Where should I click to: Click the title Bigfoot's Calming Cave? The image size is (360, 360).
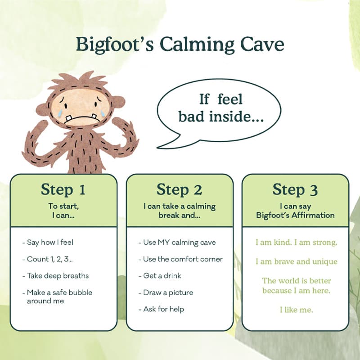coord(180,45)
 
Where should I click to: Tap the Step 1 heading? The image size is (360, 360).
coord(63,189)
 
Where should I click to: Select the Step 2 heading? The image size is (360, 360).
coord(179,189)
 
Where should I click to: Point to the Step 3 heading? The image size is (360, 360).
coord(295,189)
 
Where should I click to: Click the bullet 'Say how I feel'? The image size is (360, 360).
coord(48,243)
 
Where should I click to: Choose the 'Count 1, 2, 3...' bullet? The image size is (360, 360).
coord(48,259)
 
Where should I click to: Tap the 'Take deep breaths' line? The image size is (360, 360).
coord(55,276)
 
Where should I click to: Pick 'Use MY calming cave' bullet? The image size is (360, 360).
coord(177,243)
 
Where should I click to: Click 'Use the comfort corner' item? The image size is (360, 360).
coord(180,259)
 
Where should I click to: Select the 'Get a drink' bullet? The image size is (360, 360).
coord(160,276)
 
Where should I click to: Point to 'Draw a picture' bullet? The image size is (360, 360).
coord(166,292)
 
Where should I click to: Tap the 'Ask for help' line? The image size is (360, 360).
coord(161,309)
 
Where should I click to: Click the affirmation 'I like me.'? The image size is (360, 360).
coord(296,310)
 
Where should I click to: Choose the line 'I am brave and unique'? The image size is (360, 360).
coord(297,262)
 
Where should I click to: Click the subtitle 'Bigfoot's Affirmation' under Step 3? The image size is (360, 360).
coord(295,216)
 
